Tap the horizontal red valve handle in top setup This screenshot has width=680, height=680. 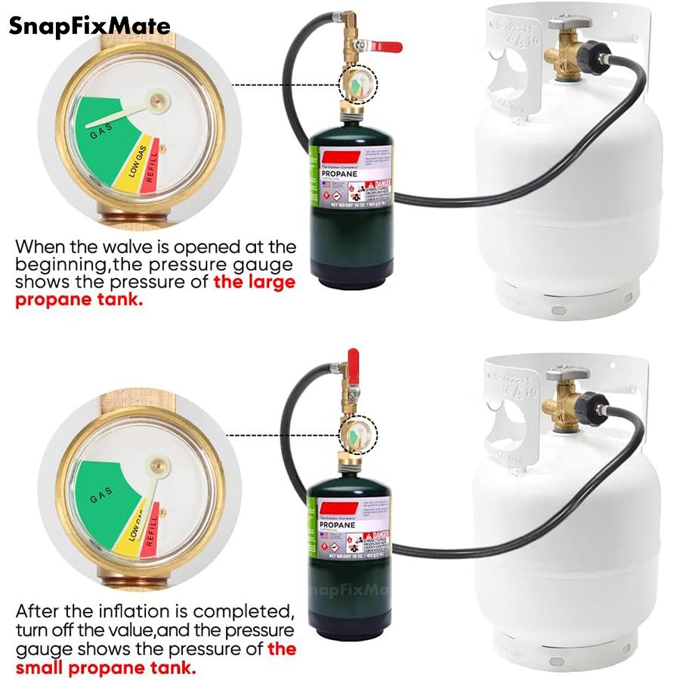click(385, 47)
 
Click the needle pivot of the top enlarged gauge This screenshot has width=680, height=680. click(157, 98)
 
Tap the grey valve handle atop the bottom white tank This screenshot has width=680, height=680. click(567, 373)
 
